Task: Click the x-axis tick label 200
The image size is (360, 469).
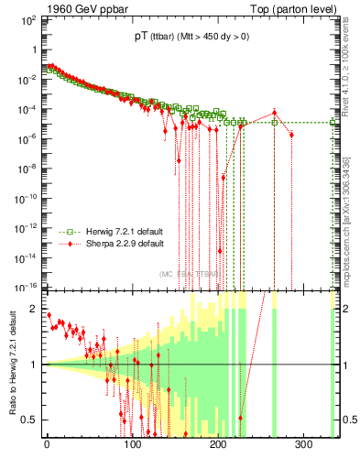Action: [x=218, y=444]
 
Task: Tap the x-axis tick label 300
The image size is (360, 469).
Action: [x=303, y=444]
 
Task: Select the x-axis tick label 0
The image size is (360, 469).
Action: [x=47, y=444]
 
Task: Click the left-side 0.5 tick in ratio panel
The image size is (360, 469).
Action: [x=29, y=420]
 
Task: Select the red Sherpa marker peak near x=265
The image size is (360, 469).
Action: [x=274, y=113]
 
